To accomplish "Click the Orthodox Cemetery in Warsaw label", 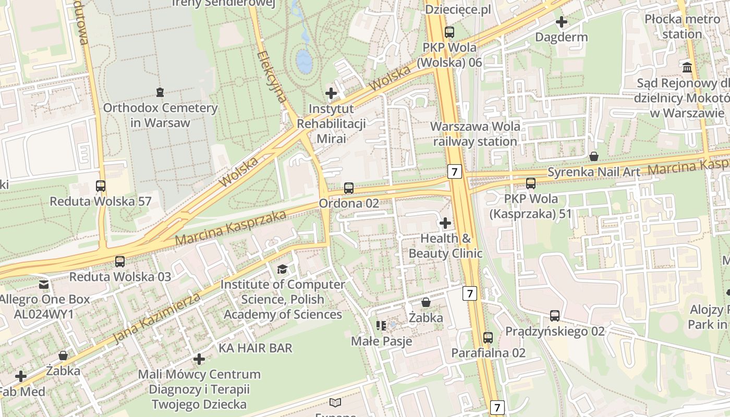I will coord(160,115).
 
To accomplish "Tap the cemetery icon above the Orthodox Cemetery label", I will coord(160,92).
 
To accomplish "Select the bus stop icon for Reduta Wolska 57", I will coord(100,186).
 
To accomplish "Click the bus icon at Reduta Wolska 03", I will coord(120,261).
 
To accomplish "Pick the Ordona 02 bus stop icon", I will coord(349,188).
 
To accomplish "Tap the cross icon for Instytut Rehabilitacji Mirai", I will coord(331,93).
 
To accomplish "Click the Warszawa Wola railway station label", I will coord(475,134).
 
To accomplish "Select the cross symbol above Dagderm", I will coord(562,22).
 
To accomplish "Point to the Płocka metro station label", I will coord(675,27).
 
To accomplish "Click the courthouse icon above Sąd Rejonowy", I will coord(687,68).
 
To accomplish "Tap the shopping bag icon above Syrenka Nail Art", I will coord(593,156).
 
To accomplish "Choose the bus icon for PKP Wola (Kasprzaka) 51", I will coord(531,183).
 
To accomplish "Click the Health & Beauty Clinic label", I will coord(445,246).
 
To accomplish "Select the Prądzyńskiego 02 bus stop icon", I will coord(555,316).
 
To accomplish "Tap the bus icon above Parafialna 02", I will coord(488,337).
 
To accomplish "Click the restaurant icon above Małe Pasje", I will coord(381,326).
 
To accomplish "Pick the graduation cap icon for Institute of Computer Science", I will coord(282,269).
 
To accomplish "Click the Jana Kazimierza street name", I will coord(156,318).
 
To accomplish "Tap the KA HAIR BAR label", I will coord(256,348).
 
